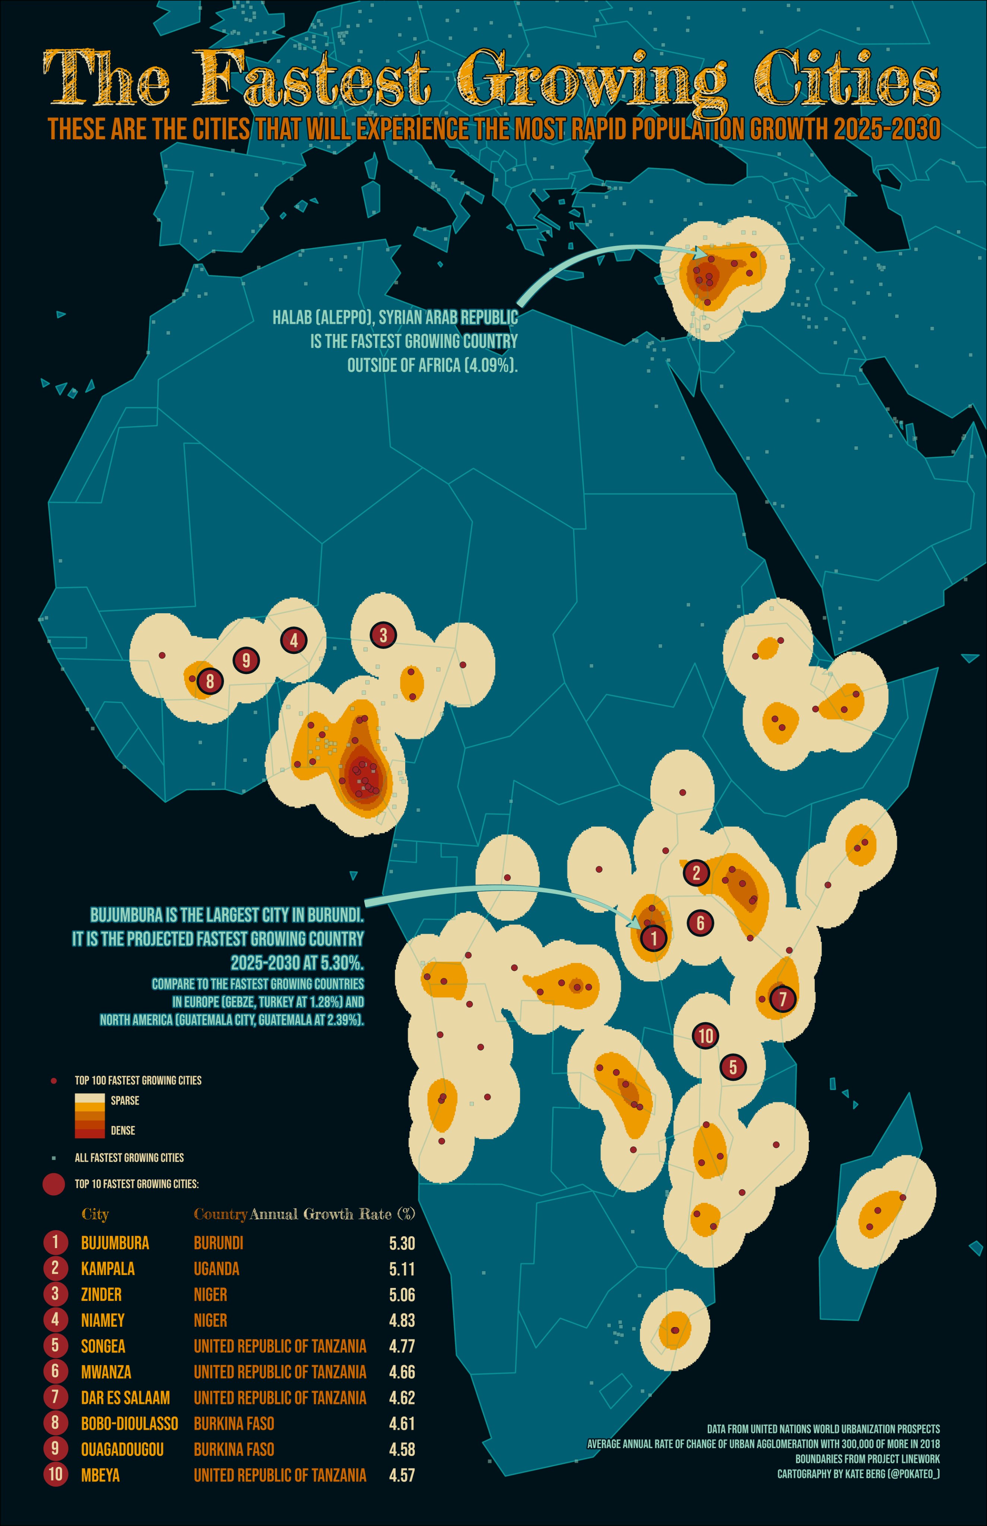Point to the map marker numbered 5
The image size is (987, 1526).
[733, 1067]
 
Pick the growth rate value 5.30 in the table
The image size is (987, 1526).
[402, 1243]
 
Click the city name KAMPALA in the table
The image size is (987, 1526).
[108, 1269]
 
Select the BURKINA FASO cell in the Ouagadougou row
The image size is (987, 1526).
[234, 1450]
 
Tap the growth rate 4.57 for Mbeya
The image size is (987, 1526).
[402, 1475]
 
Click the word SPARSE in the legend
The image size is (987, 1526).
[125, 1101]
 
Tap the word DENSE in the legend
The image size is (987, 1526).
[123, 1131]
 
